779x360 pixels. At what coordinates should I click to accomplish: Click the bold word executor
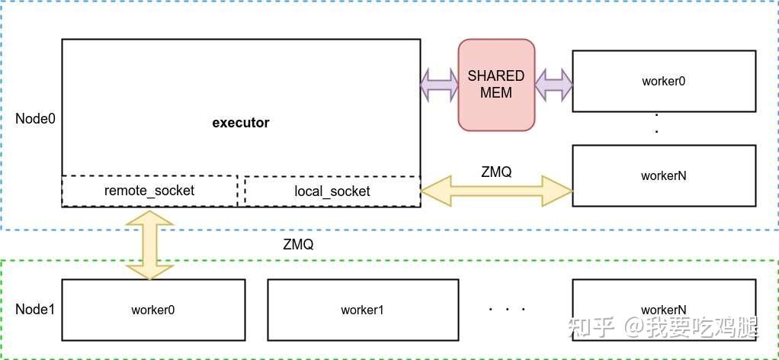(240, 123)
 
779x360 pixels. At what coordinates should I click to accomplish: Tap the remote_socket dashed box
(149, 191)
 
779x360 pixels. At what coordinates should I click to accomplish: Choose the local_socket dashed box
(332, 191)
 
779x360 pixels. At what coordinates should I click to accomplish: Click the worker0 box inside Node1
(153, 310)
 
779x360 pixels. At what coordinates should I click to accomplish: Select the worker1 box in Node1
(363, 310)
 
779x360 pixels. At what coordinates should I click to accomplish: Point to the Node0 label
(35, 119)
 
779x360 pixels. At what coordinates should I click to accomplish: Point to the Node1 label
(35, 310)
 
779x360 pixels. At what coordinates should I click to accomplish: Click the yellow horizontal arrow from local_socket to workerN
(496, 191)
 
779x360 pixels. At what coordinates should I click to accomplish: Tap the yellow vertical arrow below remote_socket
(149, 245)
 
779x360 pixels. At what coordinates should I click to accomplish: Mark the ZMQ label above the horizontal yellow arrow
(496, 172)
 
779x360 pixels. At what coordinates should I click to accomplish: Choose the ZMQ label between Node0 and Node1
(297, 246)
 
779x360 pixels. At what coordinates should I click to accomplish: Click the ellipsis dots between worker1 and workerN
(508, 310)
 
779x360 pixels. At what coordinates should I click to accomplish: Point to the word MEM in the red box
(496, 92)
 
